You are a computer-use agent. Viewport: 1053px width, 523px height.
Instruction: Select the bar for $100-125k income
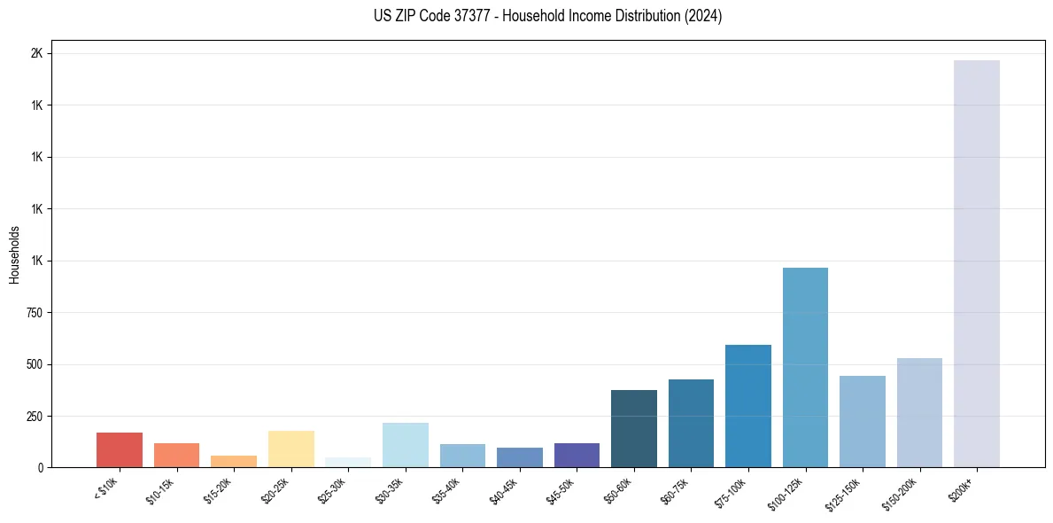coord(805,367)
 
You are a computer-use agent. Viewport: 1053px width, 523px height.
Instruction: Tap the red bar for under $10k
coord(120,449)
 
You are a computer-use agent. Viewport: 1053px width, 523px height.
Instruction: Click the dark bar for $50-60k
coord(634,428)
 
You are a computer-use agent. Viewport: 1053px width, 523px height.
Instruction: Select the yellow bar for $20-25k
coord(291,449)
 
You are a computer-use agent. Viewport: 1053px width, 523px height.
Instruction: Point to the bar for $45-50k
coord(577,455)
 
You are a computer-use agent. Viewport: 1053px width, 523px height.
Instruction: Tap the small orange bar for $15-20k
coord(234,461)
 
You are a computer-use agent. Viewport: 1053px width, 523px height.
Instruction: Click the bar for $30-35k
coord(406,445)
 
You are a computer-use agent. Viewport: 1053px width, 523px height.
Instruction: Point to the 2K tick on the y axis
coord(36,53)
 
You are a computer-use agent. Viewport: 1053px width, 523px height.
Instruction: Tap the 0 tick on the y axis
coord(40,467)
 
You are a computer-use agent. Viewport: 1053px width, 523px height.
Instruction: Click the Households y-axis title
coord(14,254)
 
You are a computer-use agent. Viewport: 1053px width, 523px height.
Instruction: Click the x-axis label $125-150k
coord(844,493)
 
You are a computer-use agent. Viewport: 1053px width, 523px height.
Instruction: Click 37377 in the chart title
coord(454,16)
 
